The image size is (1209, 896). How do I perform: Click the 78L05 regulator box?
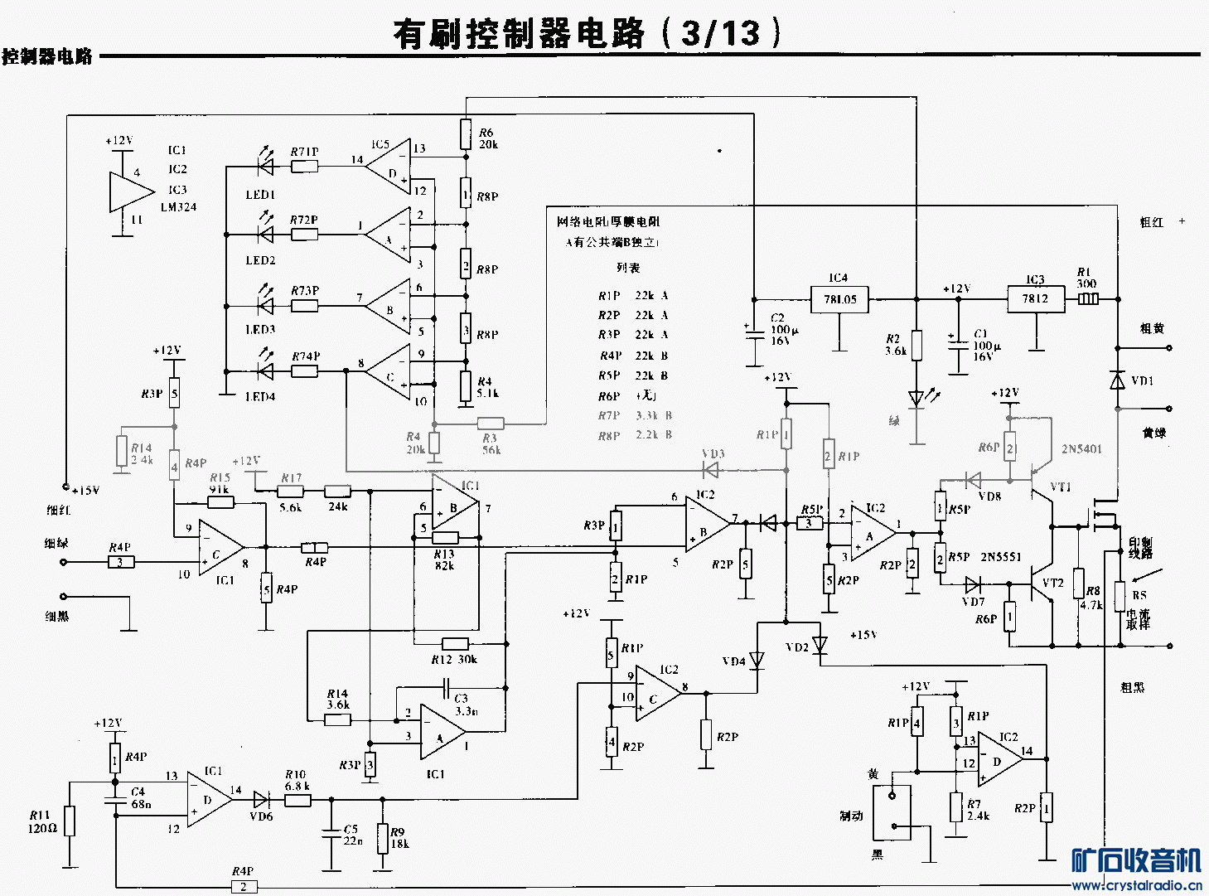pyautogui.click(x=839, y=299)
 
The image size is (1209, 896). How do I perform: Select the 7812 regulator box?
pyautogui.click(x=1035, y=298)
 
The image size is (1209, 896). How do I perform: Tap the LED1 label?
pyautogui.click(x=260, y=195)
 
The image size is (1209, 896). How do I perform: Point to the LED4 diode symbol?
pyautogui.click(x=266, y=371)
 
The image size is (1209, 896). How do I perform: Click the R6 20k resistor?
pyautogui.click(x=466, y=132)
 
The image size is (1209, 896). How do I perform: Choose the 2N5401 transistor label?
pyautogui.click(x=1081, y=449)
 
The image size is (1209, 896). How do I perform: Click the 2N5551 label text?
pyautogui.click(x=1001, y=557)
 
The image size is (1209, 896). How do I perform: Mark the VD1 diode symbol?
pyautogui.click(x=1117, y=380)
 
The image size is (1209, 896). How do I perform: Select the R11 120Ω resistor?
pyautogui.click(x=70, y=821)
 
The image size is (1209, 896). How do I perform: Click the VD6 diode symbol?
pyautogui.click(x=261, y=800)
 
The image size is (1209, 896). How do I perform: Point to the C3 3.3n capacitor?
pyautogui.click(x=446, y=687)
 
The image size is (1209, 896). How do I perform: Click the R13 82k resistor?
pyautogui.click(x=445, y=539)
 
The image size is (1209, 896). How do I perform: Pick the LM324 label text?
pyautogui.click(x=178, y=207)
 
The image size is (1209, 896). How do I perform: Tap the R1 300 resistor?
pyautogui.click(x=1088, y=299)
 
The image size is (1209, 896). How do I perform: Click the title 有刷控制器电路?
pyautogui.click(x=518, y=33)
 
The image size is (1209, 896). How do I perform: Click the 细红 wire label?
pyautogui.click(x=58, y=510)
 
